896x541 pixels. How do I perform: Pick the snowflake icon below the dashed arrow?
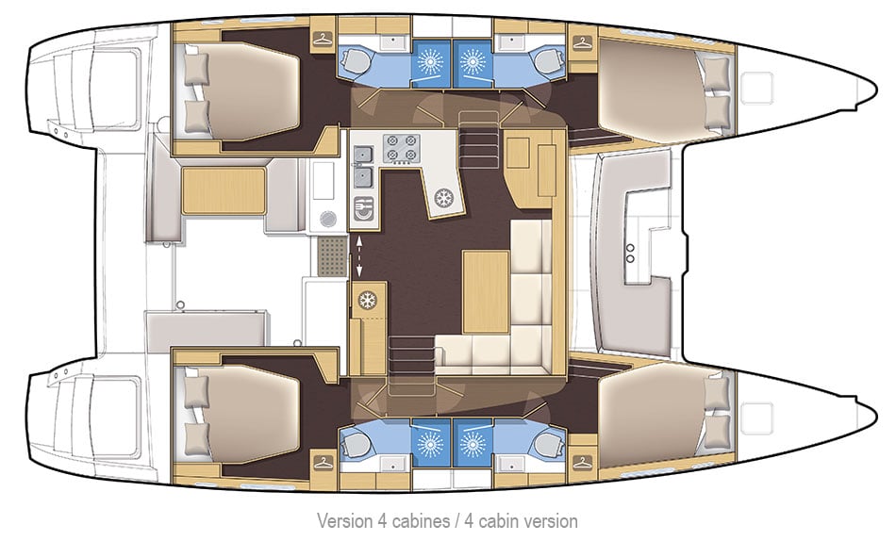click(x=366, y=300)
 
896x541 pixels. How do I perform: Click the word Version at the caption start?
click(x=343, y=520)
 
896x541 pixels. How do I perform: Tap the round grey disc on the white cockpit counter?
click(x=327, y=218)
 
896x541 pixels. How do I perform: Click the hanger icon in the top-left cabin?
click(x=324, y=40)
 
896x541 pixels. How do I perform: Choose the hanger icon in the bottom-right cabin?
click(x=579, y=462)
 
